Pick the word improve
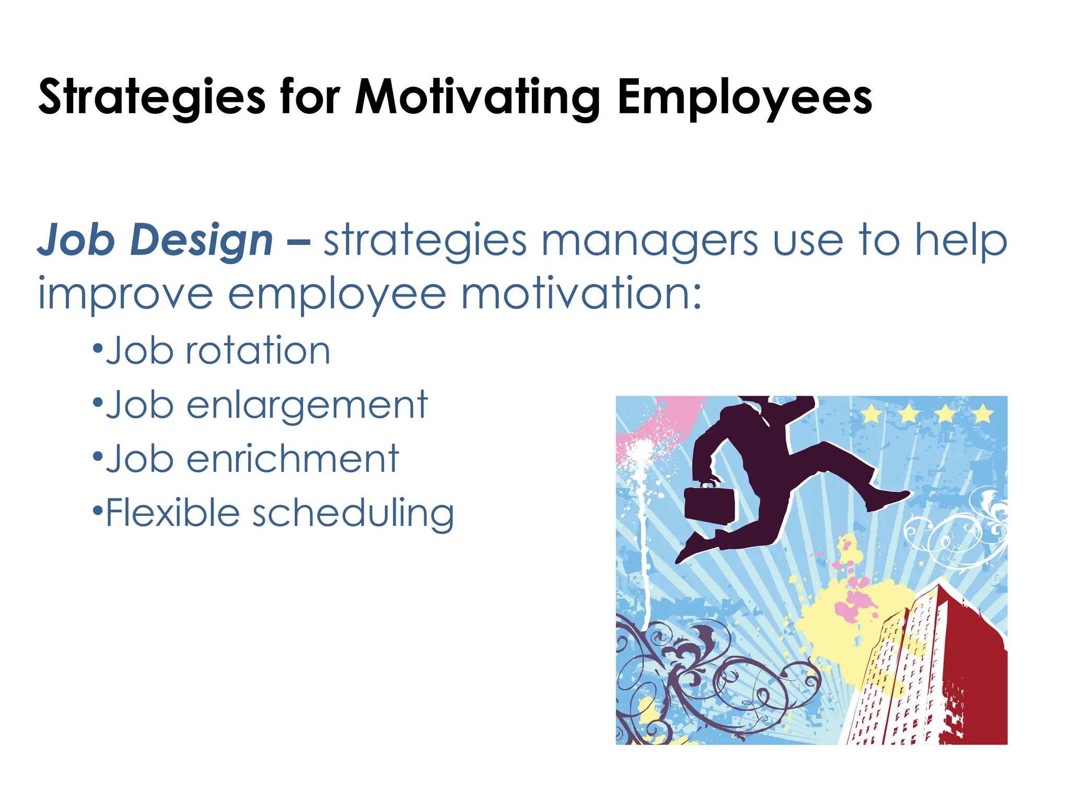(125, 294)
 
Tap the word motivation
(580, 294)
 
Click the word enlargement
(307, 405)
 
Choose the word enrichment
(293, 459)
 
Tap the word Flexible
(172, 513)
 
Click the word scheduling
(353, 514)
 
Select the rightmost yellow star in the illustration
(983, 414)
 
